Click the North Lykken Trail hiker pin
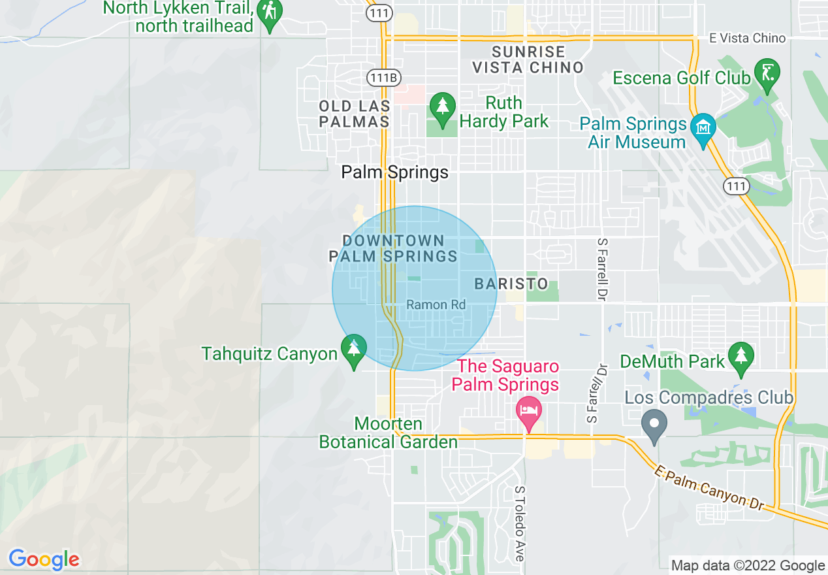269,13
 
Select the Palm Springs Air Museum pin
703,129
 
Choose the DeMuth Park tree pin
741,357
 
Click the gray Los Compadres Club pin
654,424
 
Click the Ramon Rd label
436,305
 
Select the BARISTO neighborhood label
511,284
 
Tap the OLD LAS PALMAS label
355,114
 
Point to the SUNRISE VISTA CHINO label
528,59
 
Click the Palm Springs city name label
395,172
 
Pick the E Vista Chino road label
747,38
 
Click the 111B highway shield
382,77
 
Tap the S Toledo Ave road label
520,523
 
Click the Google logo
44,559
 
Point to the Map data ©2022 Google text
748,566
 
